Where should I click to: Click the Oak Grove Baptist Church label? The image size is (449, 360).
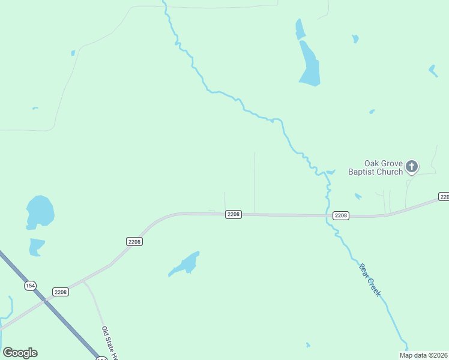pyautogui.click(x=376, y=167)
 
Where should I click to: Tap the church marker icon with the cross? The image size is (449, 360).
pyautogui.click(x=412, y=166)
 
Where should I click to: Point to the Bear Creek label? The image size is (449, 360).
pyautogui.click(x=370, y=280)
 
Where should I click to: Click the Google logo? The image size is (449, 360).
pyautogui.click(x=20, y=353)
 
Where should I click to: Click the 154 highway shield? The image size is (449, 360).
pyautogui.click(x=30, y=286)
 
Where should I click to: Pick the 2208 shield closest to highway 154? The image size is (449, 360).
pyautogui.click(x=61, y=292)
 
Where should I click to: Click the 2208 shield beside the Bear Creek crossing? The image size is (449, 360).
pyautogui.click(x=340, y=215)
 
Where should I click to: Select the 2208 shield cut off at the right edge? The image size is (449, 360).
pyautogui.click(x=444, y=197)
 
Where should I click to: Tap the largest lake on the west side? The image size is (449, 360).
pyautogui.click(x=40, y=212)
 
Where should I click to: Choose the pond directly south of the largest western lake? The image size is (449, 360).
pyautogui.click(x=36, y=246)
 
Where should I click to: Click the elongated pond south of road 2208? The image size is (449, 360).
pyautogui.click(x=185, y=265)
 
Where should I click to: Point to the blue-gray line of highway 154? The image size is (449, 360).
pyautogui.click(x=66, y=319)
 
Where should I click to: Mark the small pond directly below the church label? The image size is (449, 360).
pyautogui.click(x=358, y=196)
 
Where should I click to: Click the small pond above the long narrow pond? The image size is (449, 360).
pyautogui.click(x=300, y=28)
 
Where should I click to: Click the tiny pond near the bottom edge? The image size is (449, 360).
pyautogui.click(x=308, y=345)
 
